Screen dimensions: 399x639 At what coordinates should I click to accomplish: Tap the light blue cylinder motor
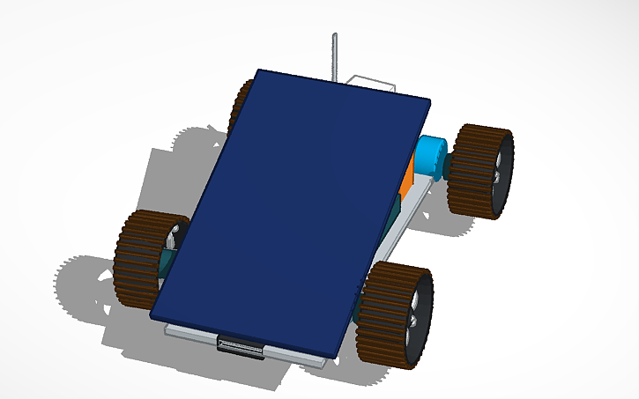[431, 157]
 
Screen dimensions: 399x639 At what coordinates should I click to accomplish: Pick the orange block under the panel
[406, 184]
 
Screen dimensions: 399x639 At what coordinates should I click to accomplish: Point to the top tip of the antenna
[335, 35]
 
